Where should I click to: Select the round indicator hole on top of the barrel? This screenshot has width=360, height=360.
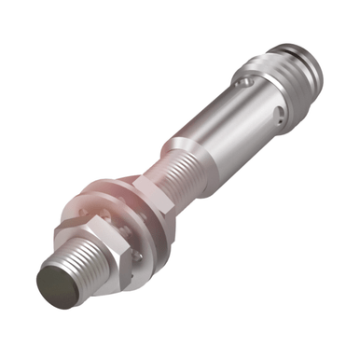(x=243, y=85)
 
